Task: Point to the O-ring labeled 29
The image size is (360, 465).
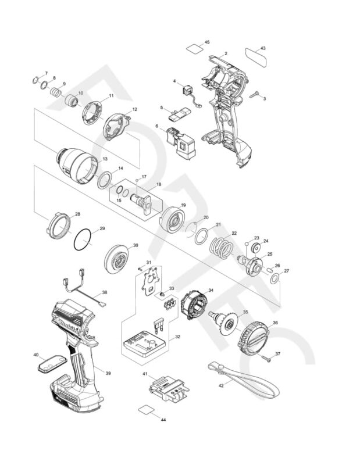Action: [84, 239]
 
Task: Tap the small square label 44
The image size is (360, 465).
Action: [147, 410]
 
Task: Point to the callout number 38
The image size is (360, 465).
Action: [105, 292]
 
